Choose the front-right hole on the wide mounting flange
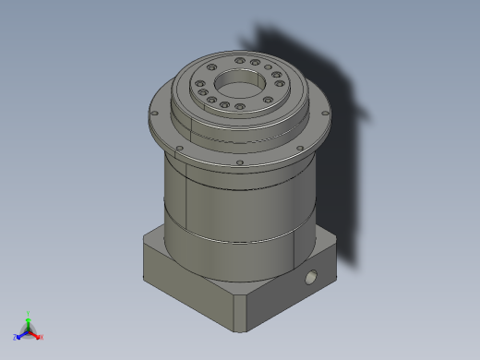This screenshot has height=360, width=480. point(297,150)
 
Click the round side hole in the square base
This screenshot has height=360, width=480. point(312,276)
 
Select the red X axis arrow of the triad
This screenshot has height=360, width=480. point(36,335)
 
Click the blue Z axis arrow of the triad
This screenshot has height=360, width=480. point(21,335)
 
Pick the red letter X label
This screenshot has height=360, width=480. point(42,338)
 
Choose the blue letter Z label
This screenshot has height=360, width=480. point(16,338)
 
